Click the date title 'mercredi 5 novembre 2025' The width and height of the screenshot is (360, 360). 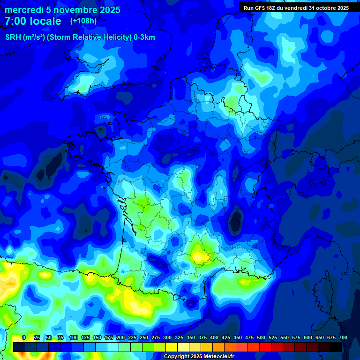coord(62,10)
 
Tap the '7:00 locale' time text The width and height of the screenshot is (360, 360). coord(33,21)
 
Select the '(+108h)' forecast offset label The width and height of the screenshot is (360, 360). coord(84,21)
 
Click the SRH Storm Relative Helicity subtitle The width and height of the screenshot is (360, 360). coord(80,37)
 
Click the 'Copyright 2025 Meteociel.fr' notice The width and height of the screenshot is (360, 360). coord(199,356)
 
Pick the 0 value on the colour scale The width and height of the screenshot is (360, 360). coord(24,337)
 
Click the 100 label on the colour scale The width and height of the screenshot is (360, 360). coord(73,337)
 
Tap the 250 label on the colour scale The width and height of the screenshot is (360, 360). coord(143,337)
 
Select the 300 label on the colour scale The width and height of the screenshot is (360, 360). coord(167,337)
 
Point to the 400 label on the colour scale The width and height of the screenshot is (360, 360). coord(214,337)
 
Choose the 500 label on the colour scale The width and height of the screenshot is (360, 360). coord(261,337)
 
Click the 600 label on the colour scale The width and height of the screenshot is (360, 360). coord(307,337)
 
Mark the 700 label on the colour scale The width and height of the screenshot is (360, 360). coord(343,337)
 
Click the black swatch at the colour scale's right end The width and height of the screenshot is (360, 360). coord(336,347)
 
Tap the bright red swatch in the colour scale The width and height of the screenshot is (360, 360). coord(265,347)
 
